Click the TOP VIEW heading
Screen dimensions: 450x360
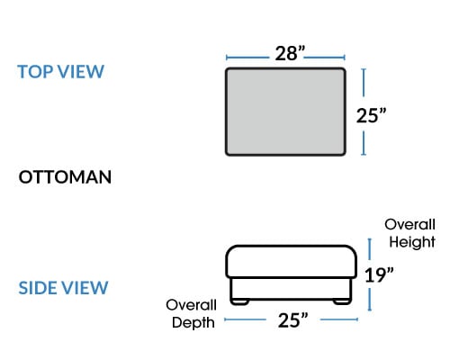[61, 72]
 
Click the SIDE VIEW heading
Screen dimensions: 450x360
[63, 288]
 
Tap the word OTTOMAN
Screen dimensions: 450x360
[65, 177]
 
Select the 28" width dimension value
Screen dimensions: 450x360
[290, 53]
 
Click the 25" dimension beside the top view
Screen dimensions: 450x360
[371, 115]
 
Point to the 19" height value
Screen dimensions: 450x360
[379, 274]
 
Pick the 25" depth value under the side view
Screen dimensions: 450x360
[292, 320]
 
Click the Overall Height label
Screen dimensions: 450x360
[409, 233]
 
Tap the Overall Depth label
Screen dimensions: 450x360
[191, 314]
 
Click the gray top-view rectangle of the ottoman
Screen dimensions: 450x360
[285, 112]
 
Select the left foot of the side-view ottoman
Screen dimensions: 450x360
[239, 302]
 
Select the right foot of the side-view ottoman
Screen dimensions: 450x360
[342, 302]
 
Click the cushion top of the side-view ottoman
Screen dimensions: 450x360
[292, 262]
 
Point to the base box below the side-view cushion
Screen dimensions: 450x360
[291, 289]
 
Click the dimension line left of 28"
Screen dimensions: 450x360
[247, 58]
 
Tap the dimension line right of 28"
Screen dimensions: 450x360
[325, 58]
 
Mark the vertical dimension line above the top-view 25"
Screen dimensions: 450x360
[364, 83]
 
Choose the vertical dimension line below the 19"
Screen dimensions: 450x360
[370, 300]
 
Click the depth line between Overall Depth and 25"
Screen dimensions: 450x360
[245, 319]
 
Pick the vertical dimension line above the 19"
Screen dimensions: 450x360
[370, 249]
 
